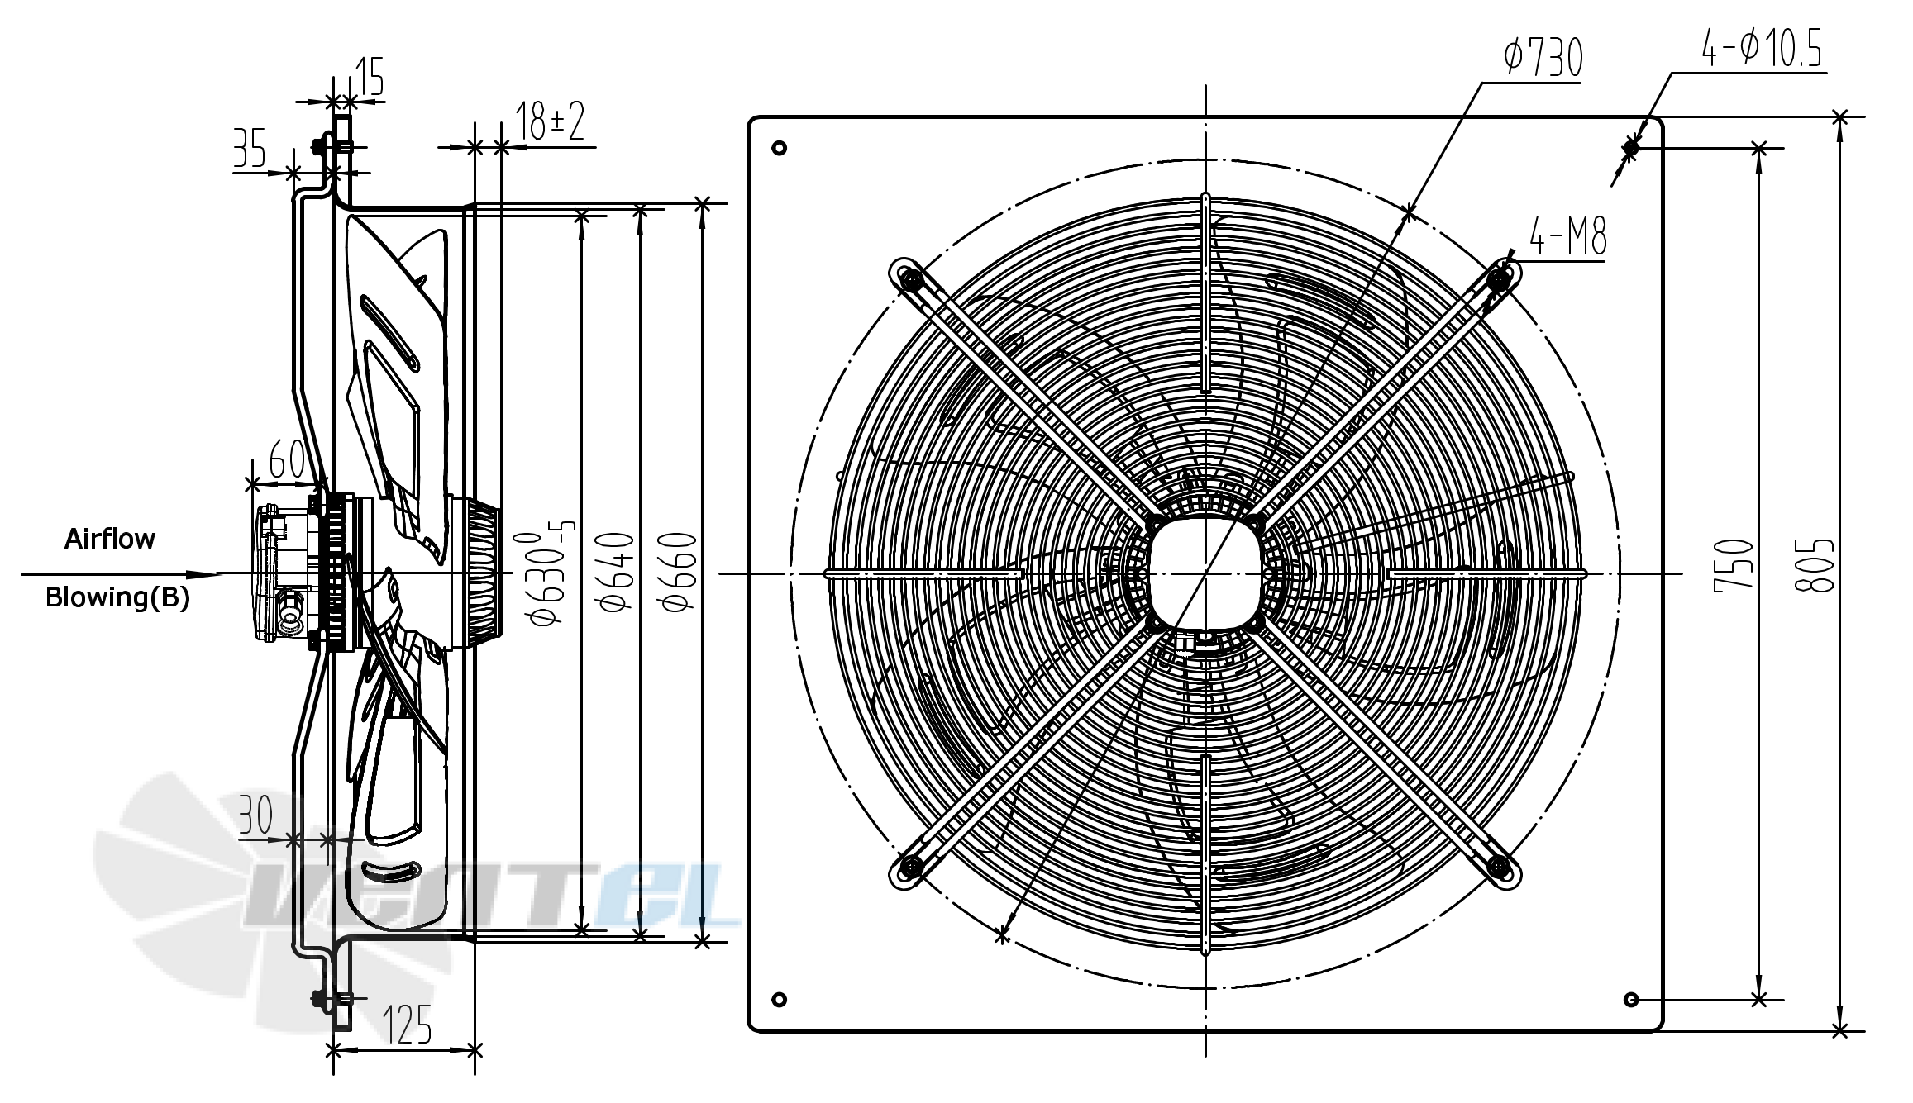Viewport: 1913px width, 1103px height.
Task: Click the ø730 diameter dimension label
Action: [x=1543, y=56]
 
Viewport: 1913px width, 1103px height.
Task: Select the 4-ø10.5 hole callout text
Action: [x=1762, y=48]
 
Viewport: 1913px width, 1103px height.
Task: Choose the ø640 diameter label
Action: [x=616, y=572]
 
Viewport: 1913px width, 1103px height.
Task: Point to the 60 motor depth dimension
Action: [x=287, y=459]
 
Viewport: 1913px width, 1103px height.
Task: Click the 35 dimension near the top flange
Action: [x=249, y=149]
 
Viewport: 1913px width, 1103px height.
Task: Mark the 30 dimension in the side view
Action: [x=255, y=815]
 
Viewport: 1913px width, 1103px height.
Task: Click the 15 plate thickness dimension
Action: [x=370, y=77]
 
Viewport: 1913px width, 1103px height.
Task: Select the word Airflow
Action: [x=110, y=539]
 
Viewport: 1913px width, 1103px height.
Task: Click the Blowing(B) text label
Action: [x=117, y=597]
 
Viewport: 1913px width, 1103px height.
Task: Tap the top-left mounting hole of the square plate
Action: [x=779, y=148]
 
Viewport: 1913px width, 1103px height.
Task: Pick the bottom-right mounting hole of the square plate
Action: [x=1631, y=1000]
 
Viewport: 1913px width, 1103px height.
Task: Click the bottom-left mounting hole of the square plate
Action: [x=779, y=1000]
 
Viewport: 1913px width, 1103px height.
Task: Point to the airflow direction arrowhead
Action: [x=203, y=574]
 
